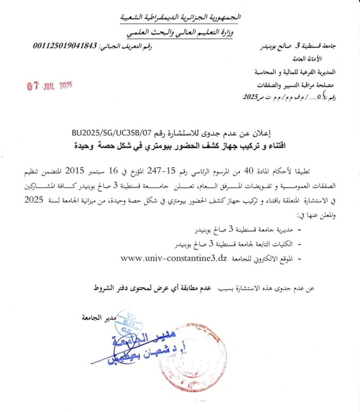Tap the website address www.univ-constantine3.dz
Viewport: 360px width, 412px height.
click(x=174, y=258)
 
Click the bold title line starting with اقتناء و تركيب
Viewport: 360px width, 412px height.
click(x=180, y=145)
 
